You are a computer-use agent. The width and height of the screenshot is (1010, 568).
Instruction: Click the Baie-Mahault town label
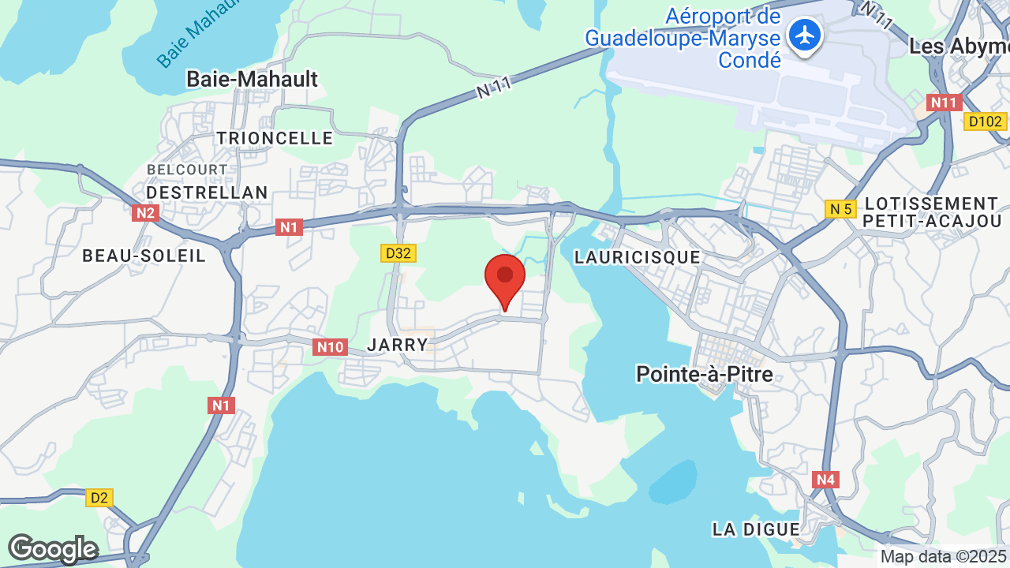point(252,79)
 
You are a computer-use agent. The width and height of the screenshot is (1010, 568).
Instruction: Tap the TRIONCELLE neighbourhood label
point(275,138)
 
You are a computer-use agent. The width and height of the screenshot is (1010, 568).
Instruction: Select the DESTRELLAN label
point(207,192)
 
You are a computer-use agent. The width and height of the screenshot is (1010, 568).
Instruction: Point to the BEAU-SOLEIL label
point(144,256)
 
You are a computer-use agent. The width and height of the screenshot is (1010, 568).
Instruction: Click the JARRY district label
point(398,345)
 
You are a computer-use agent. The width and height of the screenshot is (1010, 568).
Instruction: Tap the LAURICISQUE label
point(637,257)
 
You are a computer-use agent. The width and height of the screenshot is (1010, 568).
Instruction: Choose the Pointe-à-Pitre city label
point(704,374)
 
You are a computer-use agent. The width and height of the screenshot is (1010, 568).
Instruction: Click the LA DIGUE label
point(756,529)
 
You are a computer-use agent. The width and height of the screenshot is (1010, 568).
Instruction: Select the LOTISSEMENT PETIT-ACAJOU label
point(931,212)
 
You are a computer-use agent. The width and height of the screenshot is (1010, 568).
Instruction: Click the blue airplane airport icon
point(805,35)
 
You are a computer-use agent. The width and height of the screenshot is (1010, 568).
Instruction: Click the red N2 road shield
point(145,212)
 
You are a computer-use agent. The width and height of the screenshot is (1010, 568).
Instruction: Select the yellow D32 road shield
point(398,253)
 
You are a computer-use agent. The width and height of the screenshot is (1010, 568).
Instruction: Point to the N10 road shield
point(330,346)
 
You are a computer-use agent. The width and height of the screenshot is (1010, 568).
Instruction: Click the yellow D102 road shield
point(985,121)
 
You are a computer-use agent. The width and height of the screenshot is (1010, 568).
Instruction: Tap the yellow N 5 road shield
point(840,209)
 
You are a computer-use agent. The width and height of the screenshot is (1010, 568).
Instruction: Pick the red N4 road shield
point(825,479)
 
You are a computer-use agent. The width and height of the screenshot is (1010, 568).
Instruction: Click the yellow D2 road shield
point(99,498)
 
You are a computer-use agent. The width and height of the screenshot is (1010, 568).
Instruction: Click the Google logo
point(52,549)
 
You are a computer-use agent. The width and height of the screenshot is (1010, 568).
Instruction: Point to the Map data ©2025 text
point(944,557)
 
